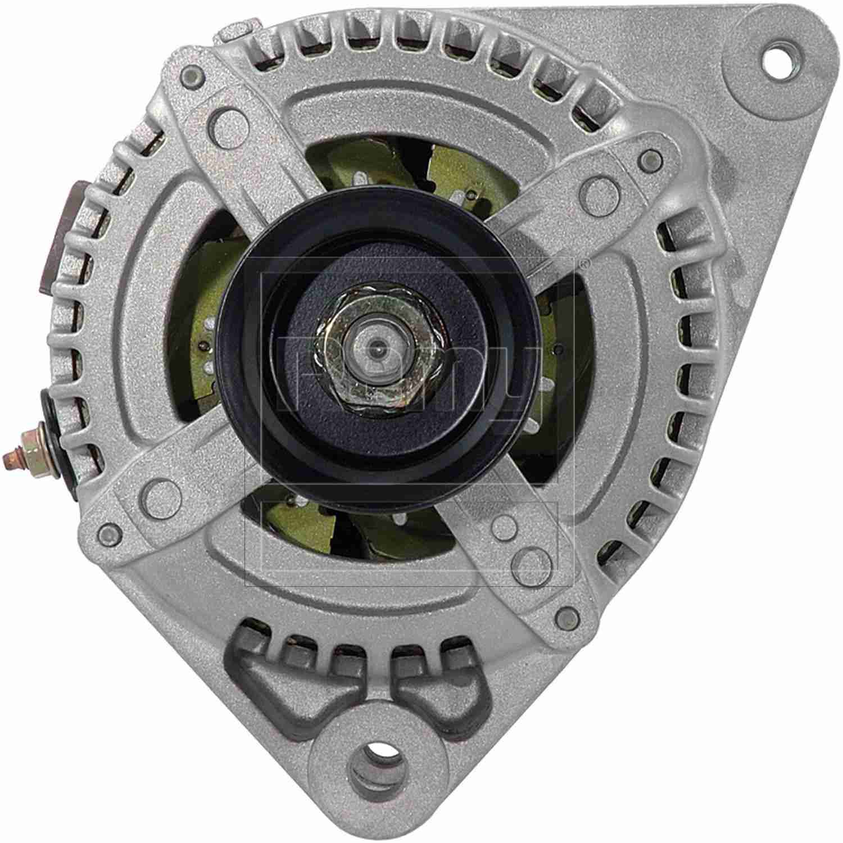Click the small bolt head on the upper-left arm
pos(192,73)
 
